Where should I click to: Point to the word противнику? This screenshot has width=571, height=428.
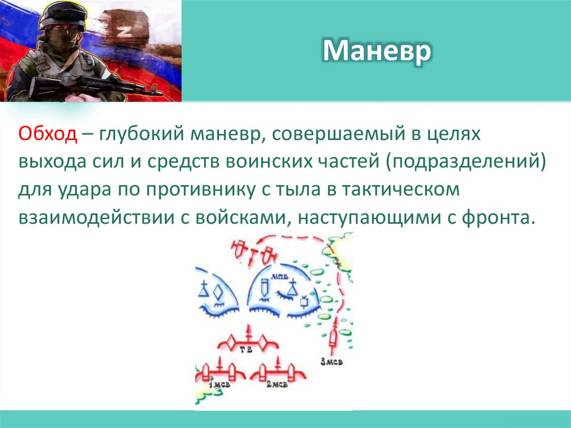coord(204,189)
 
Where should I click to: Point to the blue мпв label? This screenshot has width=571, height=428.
coord(279,277)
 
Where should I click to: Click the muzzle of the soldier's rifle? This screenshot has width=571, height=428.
coord(159,93)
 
